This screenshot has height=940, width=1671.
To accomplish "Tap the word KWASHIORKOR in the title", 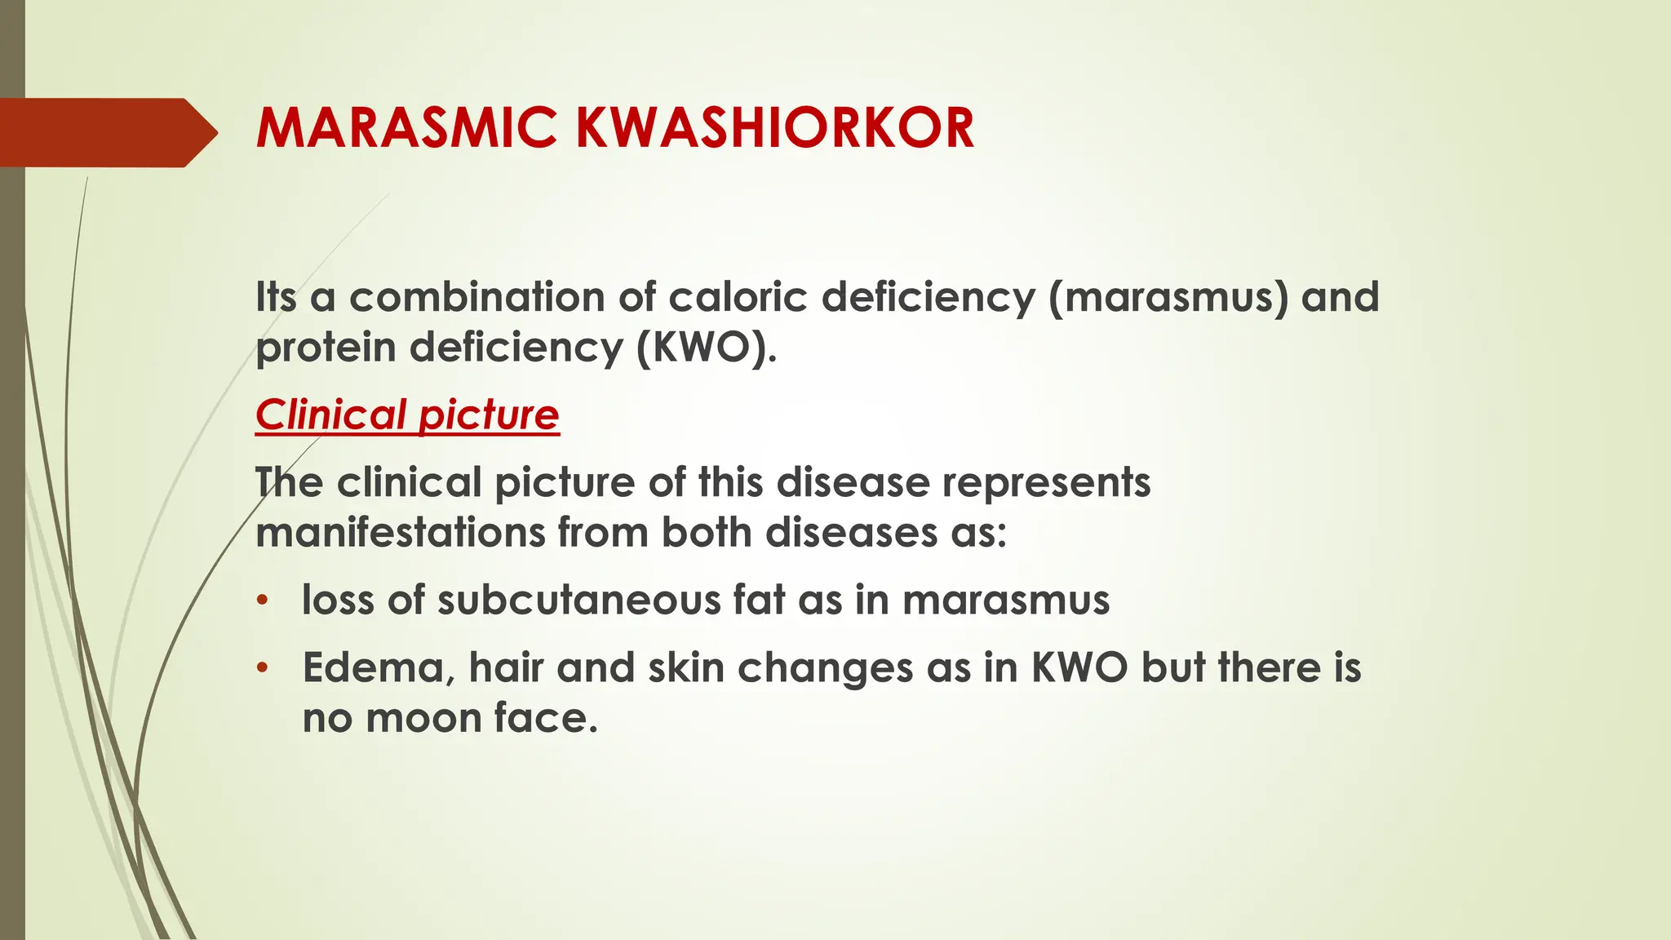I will click(775, 128).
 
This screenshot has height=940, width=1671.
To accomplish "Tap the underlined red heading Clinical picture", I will click(407, 415).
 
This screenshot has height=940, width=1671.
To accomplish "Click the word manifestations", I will click(400, 533).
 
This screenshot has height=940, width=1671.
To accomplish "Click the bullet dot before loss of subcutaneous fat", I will click(262, 601).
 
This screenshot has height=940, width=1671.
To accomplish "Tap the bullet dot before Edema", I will click(262, 669).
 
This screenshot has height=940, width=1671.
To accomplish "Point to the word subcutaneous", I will click(579, 601).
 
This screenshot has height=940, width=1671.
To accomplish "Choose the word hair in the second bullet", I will click(506, 668).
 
